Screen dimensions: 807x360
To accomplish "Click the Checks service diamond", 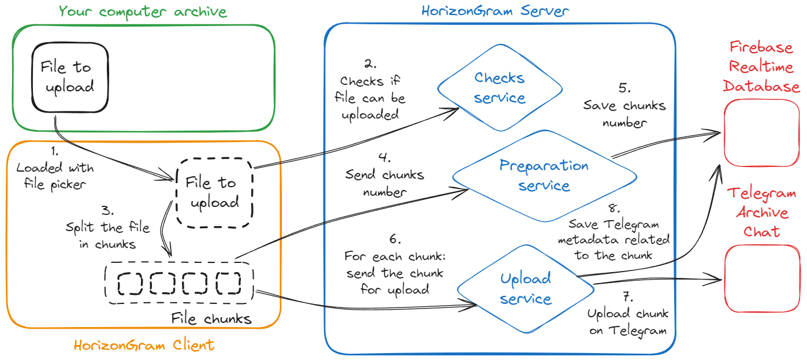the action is [500, 88].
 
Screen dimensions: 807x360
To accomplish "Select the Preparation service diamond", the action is [544, 176].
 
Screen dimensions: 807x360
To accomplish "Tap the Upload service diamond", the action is [526, 289].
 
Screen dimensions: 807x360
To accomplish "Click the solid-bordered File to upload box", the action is [70, 77].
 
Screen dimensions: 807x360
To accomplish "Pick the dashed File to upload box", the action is [215, 193].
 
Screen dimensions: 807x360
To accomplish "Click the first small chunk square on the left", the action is [130, 283].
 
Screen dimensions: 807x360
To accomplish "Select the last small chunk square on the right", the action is [228, 283].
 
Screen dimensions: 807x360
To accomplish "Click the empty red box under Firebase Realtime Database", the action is [761, 133].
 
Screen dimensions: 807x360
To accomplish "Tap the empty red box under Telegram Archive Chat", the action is [763, 279].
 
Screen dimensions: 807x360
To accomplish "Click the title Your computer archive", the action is [143, 12].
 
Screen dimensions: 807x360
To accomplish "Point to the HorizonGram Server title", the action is [495, 11].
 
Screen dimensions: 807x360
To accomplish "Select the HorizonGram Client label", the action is [144, 345].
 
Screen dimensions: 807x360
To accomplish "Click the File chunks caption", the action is [211, 318].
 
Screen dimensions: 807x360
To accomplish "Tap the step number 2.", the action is [370, 64].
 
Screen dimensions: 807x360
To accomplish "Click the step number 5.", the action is [624, 88].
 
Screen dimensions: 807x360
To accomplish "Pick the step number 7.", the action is [628, 297].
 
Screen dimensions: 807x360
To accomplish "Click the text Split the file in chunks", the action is [107, 235].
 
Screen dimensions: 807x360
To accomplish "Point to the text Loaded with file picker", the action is [55, 176].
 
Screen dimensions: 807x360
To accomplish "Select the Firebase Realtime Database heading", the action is [761, 67].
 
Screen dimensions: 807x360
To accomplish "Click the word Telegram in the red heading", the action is [761, 194].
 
